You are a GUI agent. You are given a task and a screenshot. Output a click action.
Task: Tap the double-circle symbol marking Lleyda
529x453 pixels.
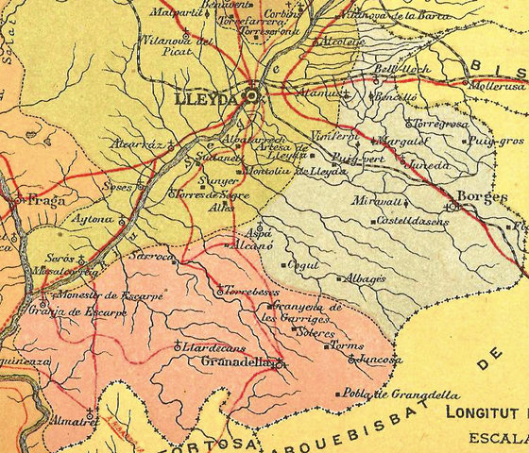(251, 95)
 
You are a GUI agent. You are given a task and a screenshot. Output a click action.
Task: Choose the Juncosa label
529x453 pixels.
(383, 360)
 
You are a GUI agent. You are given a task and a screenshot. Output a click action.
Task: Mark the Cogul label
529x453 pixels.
(304, 265)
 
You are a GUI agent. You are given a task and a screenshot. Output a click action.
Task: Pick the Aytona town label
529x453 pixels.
(94, 220)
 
